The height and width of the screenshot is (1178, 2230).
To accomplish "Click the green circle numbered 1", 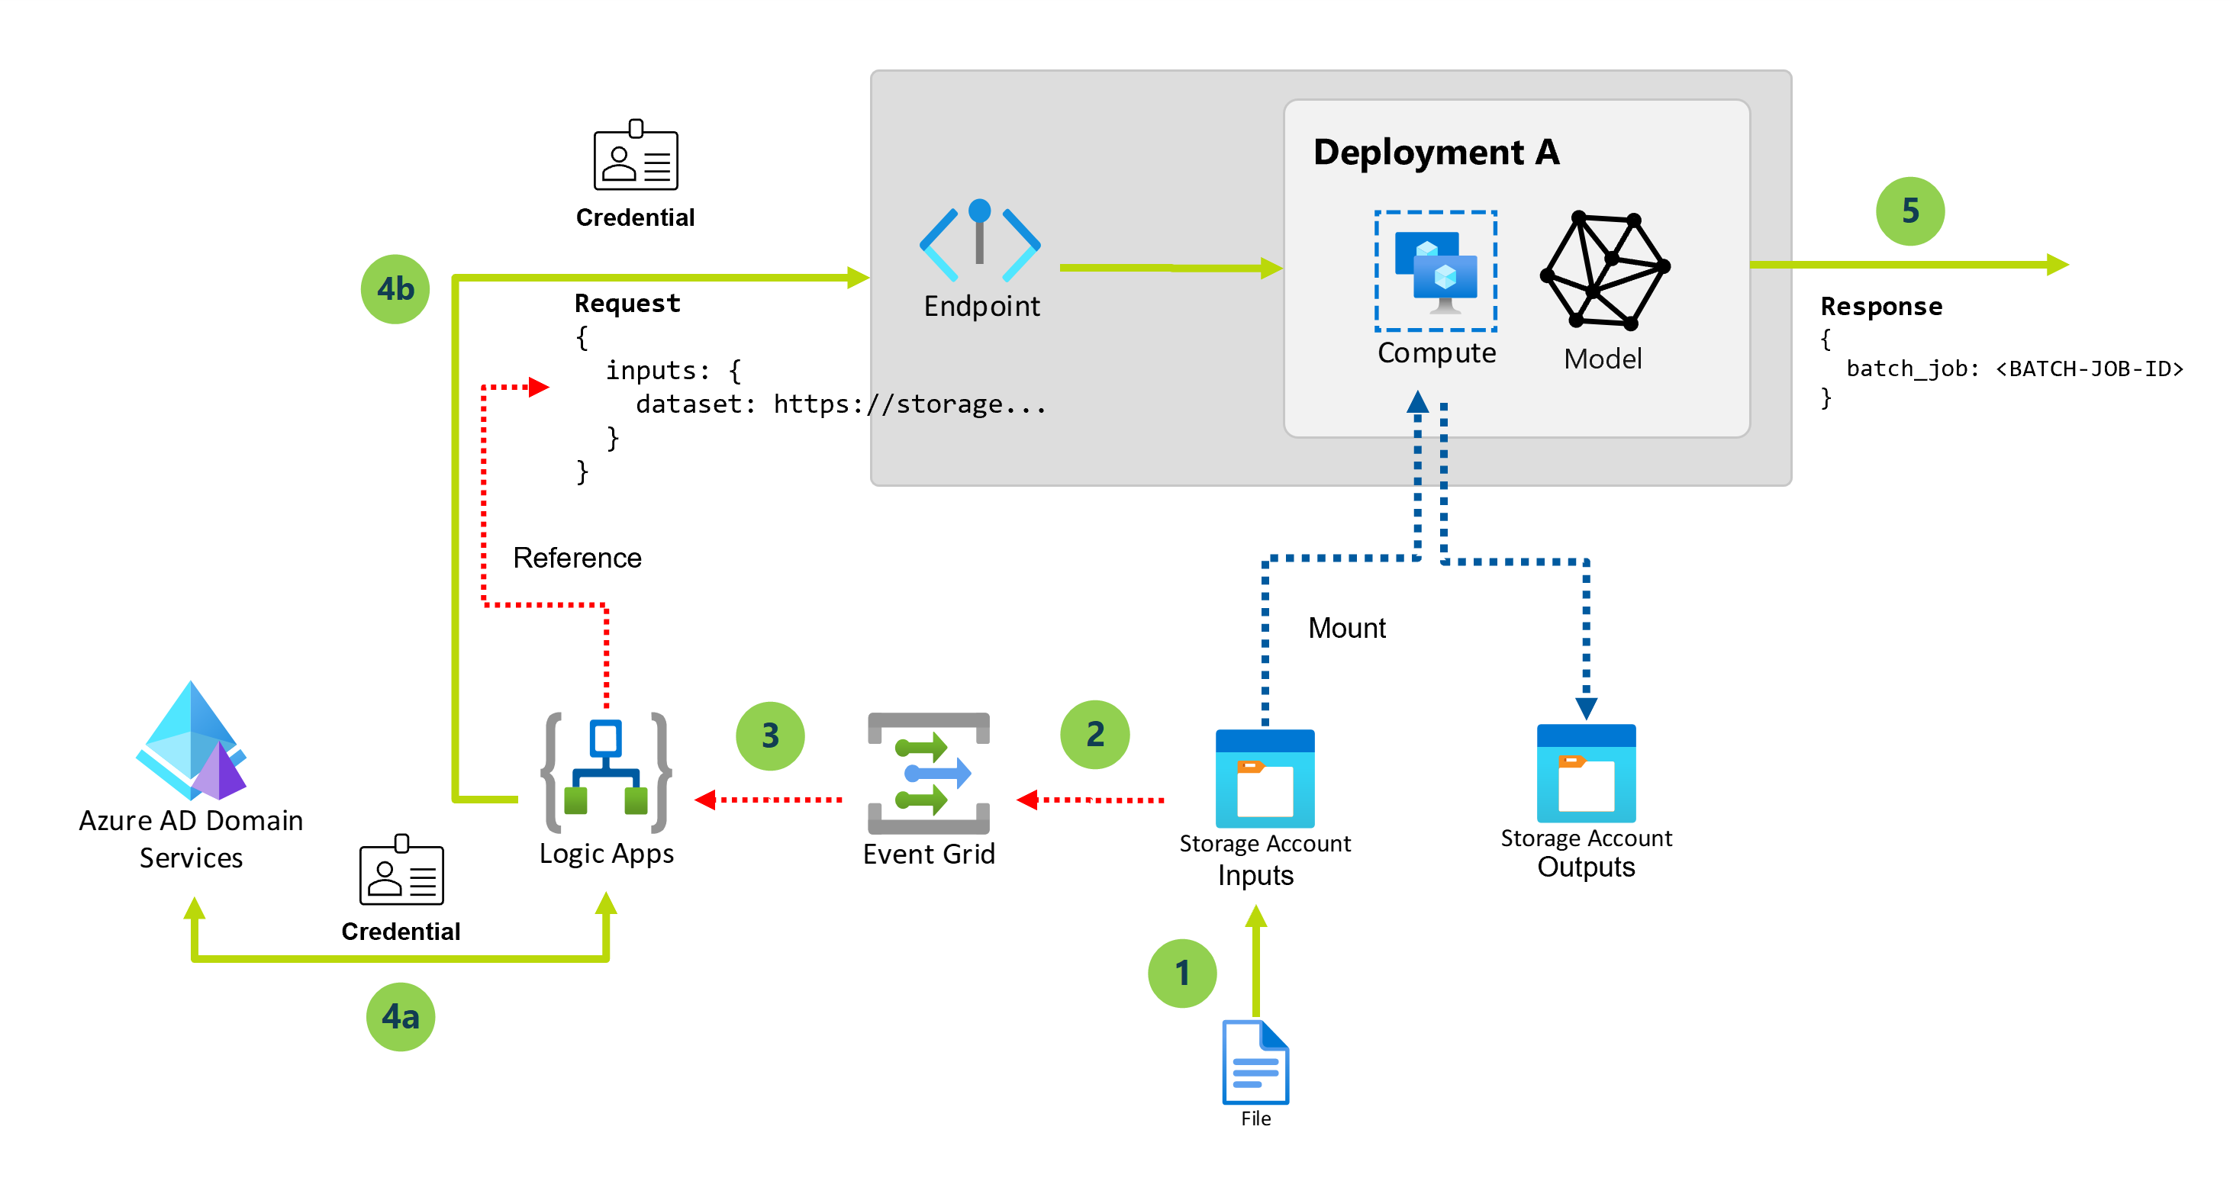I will [1181, 973].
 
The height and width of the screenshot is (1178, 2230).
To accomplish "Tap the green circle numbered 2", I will [1095, 735].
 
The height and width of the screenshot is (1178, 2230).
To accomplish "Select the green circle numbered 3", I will [769, 735].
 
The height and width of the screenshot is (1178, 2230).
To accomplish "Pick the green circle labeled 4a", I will [400, 1016].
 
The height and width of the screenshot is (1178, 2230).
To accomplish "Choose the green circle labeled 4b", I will [395, 289].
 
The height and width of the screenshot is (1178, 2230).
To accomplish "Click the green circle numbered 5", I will [1909, 211].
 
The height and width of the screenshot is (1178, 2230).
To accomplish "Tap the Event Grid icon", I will [928, 773].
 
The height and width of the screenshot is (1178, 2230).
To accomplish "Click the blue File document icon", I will [1255, 1062].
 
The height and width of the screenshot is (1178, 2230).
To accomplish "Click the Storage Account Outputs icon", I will [1586, 774].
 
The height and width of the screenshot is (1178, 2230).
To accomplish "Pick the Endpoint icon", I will [980, 240].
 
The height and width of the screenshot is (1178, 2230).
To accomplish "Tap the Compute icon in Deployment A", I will [1436, 271].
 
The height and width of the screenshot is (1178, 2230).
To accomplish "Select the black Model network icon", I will [1604, 271].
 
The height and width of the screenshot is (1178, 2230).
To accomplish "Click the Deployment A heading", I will [1436, 153].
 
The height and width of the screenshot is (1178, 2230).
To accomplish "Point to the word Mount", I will [1346, 627].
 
